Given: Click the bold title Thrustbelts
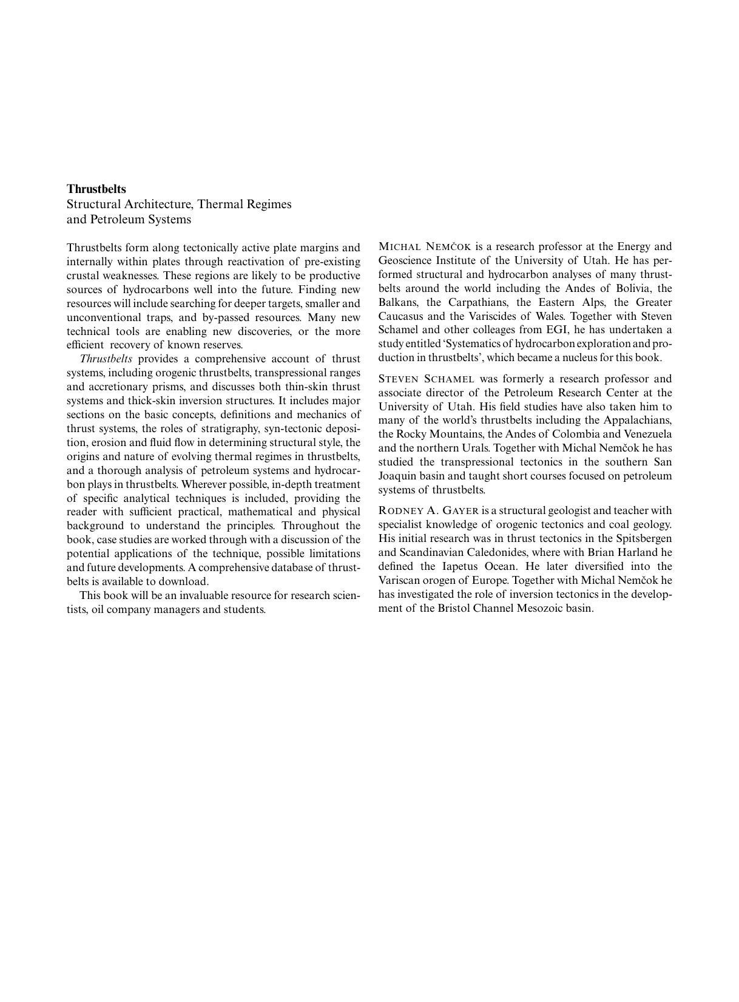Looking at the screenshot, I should coord(96,189).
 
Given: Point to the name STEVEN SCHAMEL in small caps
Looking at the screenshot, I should coord(426,379).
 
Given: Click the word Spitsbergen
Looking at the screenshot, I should coord(644,539).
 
